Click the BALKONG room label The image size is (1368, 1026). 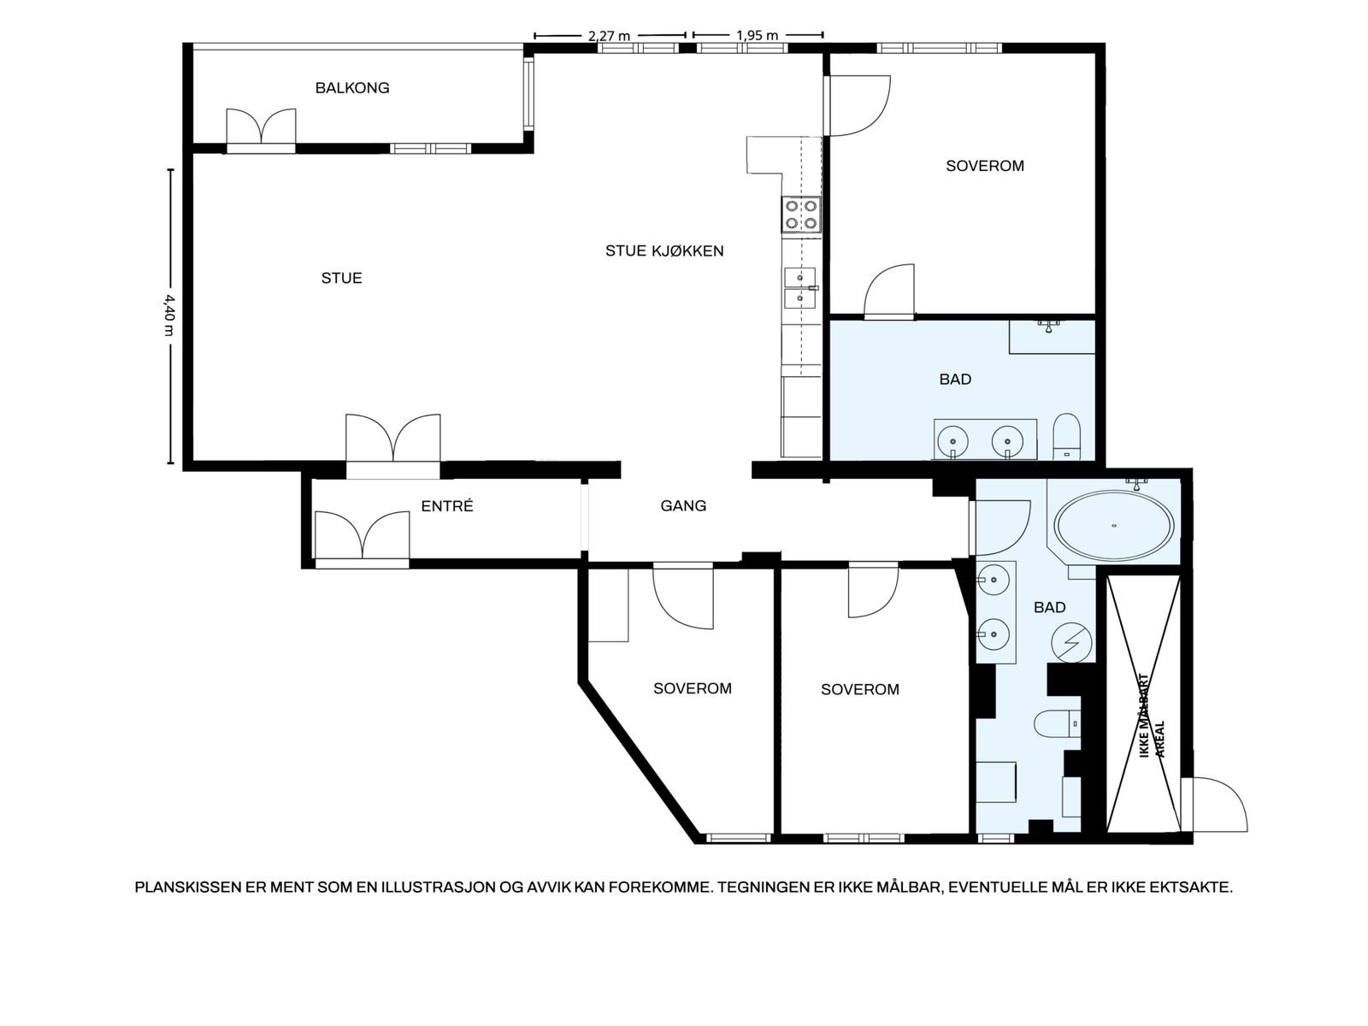pos(352,88)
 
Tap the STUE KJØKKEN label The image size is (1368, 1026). pos(664,251)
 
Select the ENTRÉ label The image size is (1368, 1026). pos(447,506)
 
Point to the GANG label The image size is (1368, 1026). pos(683,506)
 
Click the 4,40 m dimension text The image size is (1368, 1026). pos(169,315)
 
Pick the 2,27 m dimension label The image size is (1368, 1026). pos(609,36)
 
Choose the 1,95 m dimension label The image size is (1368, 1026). pos(757,36)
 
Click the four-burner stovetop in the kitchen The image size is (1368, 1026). pos(801,215)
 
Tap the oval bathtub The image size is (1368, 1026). pos(1114,525)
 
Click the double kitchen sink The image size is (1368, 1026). pos(799,288)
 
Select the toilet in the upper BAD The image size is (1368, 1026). pos(1066,436)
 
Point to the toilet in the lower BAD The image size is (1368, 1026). pos(1057,724)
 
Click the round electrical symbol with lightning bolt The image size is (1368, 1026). pos(1071,643)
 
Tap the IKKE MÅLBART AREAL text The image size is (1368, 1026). pos(1151,716)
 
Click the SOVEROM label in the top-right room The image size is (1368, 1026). pos(985,166)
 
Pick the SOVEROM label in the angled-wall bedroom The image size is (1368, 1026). pos(693,688)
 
